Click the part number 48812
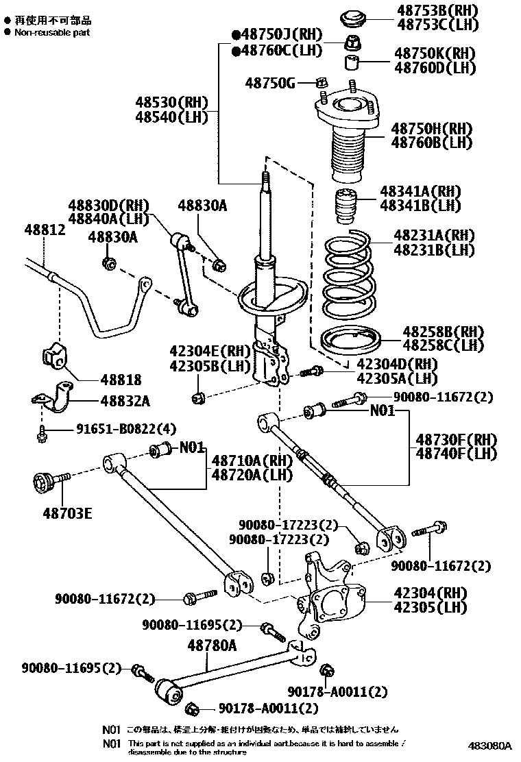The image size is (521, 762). [45, 230]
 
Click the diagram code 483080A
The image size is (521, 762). [490, 745]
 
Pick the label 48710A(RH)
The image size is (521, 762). [252, 460]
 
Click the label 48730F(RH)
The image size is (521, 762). [465, 439]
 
